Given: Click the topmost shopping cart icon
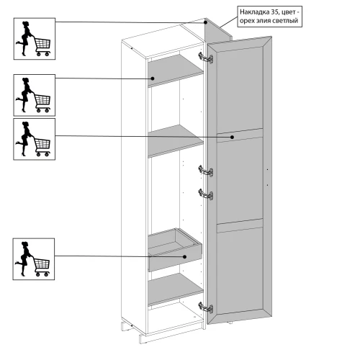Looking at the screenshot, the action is coord(35,39).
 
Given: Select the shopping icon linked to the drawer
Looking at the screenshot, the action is coord(34,259).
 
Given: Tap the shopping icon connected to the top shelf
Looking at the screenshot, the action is coord(35,95).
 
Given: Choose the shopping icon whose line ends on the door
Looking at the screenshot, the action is coord(34,139).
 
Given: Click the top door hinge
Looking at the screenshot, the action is coord(206,58).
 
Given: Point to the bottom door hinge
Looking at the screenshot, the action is coord(206,307).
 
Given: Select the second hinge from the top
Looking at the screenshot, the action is coord(206,171).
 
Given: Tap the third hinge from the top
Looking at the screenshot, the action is coord(206,194).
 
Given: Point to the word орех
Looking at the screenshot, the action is coord(246,21).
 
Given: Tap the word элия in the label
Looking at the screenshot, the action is coord(261,21).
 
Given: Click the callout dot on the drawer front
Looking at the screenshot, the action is coord(184,256).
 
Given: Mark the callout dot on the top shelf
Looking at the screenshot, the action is coord(153,78).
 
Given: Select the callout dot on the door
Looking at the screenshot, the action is coord(232,137).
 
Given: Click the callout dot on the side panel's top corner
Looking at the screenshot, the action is coord(206,22).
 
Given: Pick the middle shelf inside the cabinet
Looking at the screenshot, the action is coord(176,140).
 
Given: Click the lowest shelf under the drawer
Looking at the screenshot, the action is coord(176,289).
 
